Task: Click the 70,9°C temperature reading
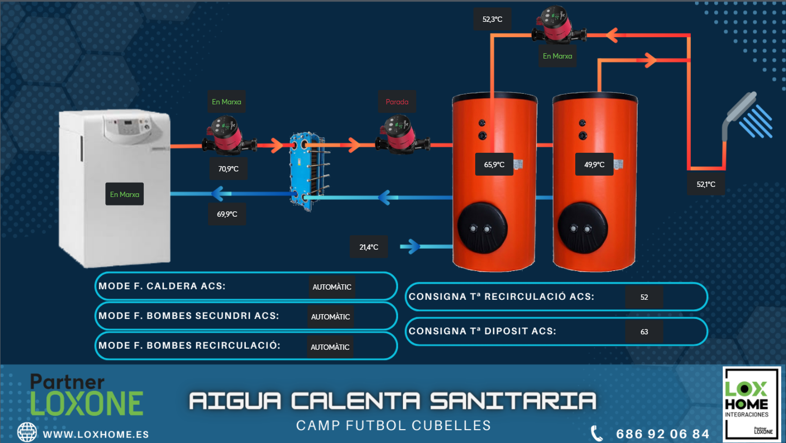(x=228, y=169)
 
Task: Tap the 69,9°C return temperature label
(x=227, y=214)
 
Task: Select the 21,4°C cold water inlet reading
(x=369, y=247)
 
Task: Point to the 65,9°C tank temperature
(x=494, y=165)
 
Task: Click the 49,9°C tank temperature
(x=594, y=165)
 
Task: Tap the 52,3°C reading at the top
(x=492, y=19)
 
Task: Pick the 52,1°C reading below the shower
(x=706, y=184)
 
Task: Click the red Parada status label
(x=397, y=102)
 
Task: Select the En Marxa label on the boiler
(x=125, y=194)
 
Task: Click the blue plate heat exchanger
(x=308, y=171)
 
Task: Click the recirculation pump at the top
(x=558, y=25)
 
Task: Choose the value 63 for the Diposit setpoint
(x=644, y=332)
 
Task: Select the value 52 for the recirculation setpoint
(x=644, y=297)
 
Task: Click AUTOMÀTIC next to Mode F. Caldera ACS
(x=332, y=287)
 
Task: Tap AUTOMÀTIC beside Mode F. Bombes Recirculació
(x=330, y=347)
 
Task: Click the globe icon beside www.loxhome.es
(x=27, y=432)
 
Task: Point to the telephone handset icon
(x=597, y=433)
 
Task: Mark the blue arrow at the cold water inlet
(x=410, y=247)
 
